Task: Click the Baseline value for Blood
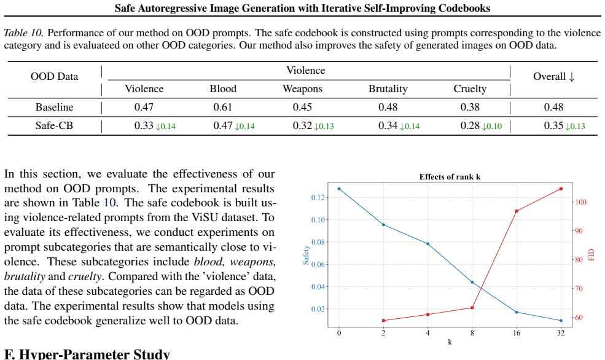[222, 108]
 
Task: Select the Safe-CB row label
[54, 126]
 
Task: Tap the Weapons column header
[302, 89]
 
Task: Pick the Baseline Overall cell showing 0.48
[553, 108]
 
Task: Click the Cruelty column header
[470, 89]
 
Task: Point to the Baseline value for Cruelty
[470, 108]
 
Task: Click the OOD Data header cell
[55, 76]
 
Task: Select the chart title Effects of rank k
[450, 177]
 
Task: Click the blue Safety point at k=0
[339, 189]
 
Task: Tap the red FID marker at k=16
[517, 211]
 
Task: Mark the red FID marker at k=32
[561, 189]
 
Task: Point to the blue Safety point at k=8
[472, 282]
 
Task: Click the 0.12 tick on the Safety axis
[318, 198]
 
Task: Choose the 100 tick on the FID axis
[580, 202]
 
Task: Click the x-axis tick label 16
[517, 332]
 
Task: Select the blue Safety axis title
[306, 255]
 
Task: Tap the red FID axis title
[591, 255]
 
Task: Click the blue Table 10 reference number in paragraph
[109, 203]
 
